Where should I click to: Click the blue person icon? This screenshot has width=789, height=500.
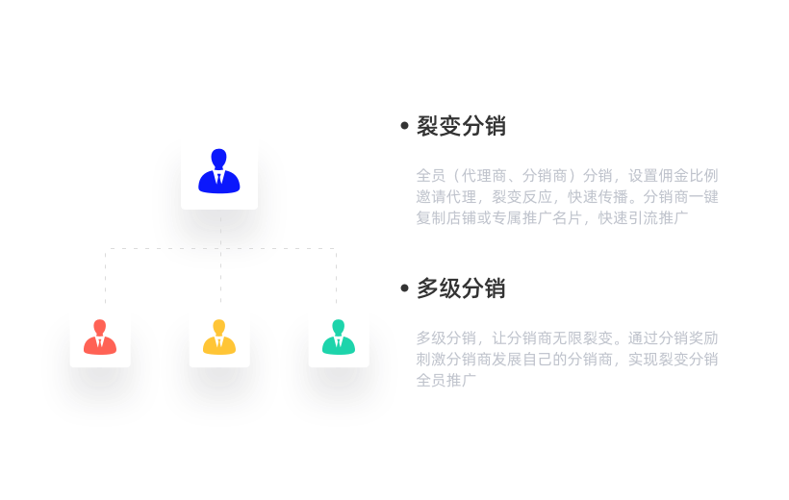[x=219, y=171]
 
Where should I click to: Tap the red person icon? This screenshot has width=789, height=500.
[x=100, y=337]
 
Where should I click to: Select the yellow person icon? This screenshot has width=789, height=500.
[x=219, y=337]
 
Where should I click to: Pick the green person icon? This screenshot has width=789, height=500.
[x=339, y=337]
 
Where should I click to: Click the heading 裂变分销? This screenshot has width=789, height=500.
[x=461, y=126]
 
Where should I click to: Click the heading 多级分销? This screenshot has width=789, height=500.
[x=461, y=288]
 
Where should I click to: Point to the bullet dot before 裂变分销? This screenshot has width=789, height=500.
[x=404, y=126]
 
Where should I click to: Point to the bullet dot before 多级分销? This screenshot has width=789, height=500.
[x=404, y=288]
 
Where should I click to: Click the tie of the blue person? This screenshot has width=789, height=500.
[x=219, y=179]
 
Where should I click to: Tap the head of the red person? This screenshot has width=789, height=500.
[x=100, y=327]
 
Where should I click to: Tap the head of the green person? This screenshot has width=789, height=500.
[x=339, y=327]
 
